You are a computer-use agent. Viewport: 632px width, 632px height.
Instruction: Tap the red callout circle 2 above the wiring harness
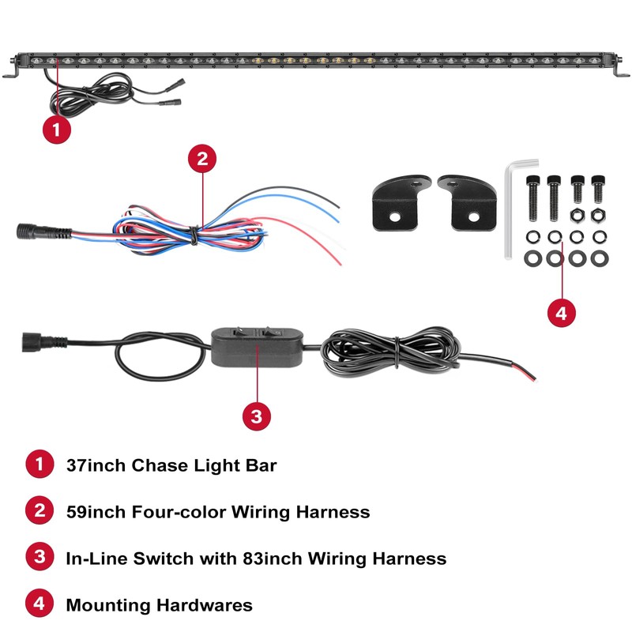pyautogui.click(x=203, y=159)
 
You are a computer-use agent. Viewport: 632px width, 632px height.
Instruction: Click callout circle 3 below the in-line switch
pyautogui.click(x=255, y=416)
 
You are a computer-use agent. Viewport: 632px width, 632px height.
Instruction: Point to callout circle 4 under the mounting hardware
pyautogui.click(x=561, y=312)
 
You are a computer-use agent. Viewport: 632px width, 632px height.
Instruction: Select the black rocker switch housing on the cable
pyautogui.click(x=258, y=347)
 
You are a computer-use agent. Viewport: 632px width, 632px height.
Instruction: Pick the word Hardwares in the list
pyautogui.click(x=207, y=605)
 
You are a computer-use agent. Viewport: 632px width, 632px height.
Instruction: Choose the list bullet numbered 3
pyautogui.click(x=38, y=559)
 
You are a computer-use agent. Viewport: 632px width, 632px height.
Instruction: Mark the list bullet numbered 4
pyautogui.click(x=38, y=605)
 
